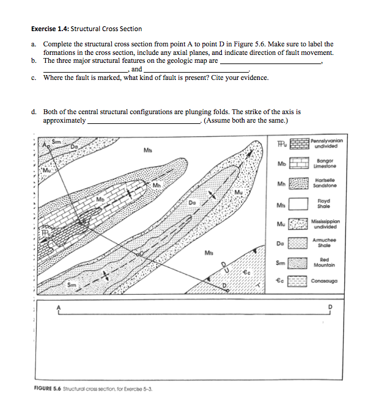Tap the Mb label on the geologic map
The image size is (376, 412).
pyautogui.click(x=99, y=200)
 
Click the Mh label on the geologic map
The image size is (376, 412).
pyautogui.click(x=157, y=185)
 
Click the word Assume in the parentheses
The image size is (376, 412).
pyautogui.click(x=219, y=120)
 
